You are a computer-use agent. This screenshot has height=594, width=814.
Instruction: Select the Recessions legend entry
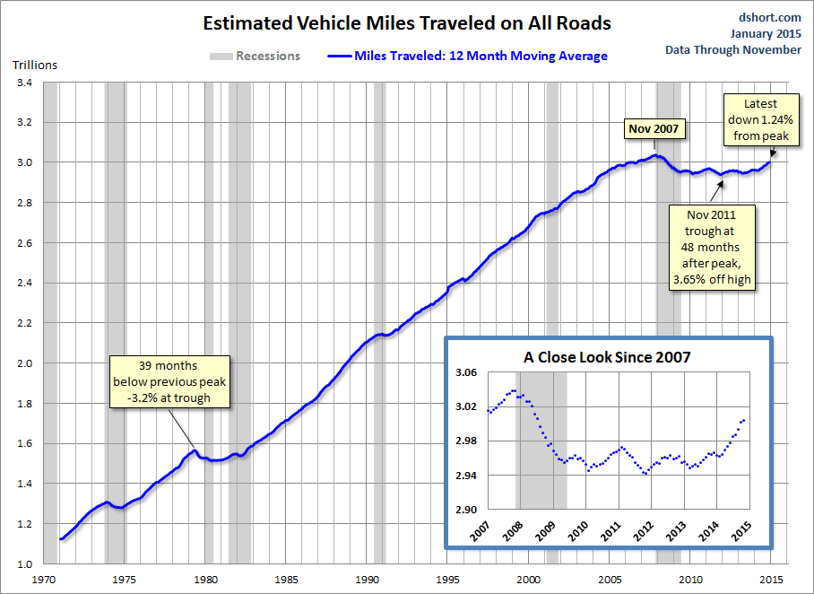(x=255, y=56)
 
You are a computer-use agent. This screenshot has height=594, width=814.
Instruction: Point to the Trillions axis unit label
(x=35, y=66)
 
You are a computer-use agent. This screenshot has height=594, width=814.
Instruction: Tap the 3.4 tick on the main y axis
(x=24, y=83)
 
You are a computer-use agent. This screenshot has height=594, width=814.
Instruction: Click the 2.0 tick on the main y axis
(x=24, y=363)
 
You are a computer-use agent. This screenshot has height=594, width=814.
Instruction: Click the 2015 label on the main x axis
(x=769, y=580)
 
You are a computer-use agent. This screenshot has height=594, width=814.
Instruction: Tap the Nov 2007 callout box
(x=654, y=129)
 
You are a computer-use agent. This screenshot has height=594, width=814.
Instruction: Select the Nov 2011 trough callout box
(x=714, y=247)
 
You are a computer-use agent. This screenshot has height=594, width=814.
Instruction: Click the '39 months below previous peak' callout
(x=169, y=382)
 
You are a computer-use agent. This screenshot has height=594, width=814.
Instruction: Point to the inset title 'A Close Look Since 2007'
(x=607, y=357)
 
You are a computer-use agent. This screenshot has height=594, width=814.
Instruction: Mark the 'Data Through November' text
(x=733, y=50)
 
